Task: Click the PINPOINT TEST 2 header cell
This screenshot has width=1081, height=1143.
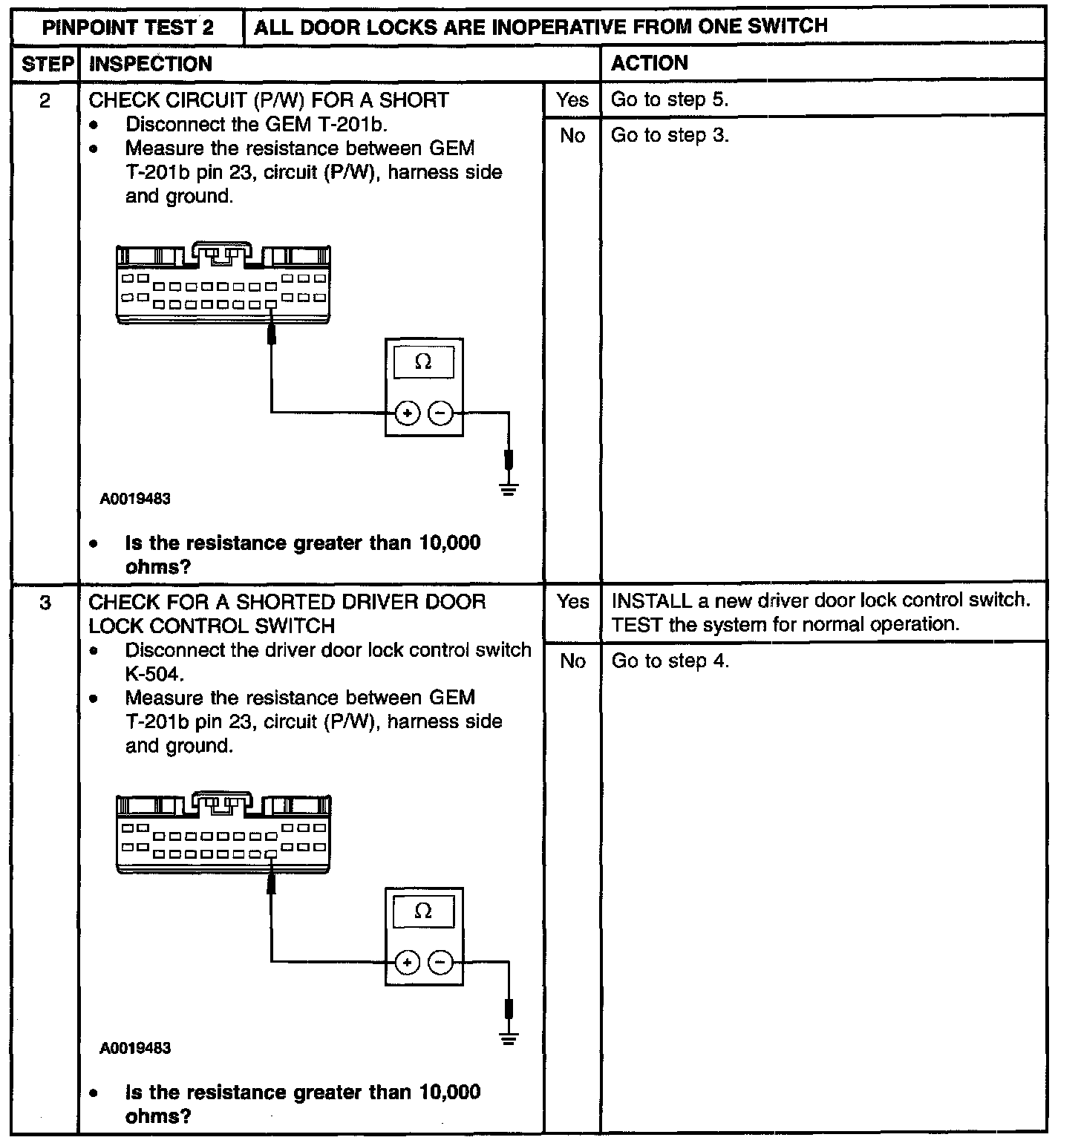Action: (128, 28)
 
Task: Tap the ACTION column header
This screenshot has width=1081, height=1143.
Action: (650, 64)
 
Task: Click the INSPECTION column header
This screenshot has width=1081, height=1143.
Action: (151, 65)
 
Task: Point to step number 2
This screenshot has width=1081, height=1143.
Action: (46, 100)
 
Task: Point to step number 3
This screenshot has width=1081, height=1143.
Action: (46, 603)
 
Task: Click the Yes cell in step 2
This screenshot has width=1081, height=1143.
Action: (572, 99)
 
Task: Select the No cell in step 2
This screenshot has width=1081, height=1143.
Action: (572, 136)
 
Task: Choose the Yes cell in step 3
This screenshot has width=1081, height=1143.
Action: (572, 602)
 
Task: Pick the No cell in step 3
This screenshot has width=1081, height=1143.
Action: (572, 661)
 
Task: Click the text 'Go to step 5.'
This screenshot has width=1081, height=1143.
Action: (670, 99)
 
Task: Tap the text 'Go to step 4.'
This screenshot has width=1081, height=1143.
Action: (670, 661)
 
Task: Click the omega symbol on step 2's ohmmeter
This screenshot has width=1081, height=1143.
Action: (423, 361)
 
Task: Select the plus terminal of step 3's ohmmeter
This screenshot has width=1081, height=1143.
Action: (407, 963)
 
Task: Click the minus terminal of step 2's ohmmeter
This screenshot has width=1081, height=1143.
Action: (441, 413)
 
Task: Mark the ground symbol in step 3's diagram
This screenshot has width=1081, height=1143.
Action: (509, 1038)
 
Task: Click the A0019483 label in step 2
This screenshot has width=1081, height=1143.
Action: (135, 499)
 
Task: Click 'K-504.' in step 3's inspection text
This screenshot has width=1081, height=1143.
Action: (154, 674)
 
